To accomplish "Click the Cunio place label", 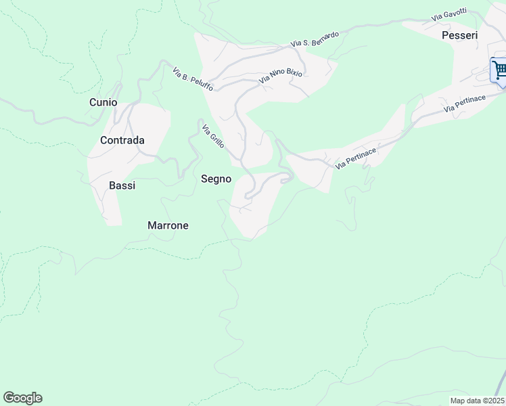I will [103, 102].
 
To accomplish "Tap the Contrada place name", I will [122, 141].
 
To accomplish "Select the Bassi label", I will [122, 185].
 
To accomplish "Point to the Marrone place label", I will [168, 225].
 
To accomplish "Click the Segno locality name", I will [216, 179].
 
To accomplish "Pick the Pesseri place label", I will [459, 35].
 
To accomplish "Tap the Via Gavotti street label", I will [450, 15].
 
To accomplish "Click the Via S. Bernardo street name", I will [315, 39].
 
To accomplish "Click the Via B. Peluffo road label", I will [193, 79].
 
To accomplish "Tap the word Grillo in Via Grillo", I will [216, 140].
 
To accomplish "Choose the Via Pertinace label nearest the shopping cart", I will [465, 104].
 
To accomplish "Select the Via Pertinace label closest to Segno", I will [356, 159].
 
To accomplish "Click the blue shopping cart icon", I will [499, 70].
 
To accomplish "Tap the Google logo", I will [22, 398].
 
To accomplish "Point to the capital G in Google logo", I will [9, 398].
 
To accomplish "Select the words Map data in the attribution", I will [466, 400].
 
